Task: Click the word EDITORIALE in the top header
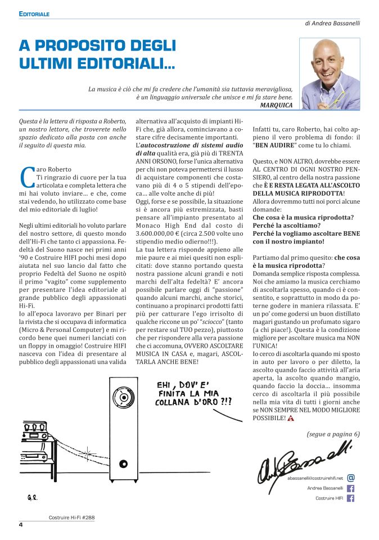tap(35, 13)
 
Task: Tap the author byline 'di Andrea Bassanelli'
tap(332, 24)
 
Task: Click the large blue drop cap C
tap(25, 176)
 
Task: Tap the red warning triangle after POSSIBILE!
tap(291, 418)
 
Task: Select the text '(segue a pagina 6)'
tap(333, 434)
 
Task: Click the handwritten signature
tap(304, 461)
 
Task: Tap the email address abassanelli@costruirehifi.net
tap(315, 478)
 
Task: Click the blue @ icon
tap(351, 478)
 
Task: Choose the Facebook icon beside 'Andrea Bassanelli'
tap(351, 488)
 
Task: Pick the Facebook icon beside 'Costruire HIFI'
tap(351, 498)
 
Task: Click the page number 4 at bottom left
tap(20, 525)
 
